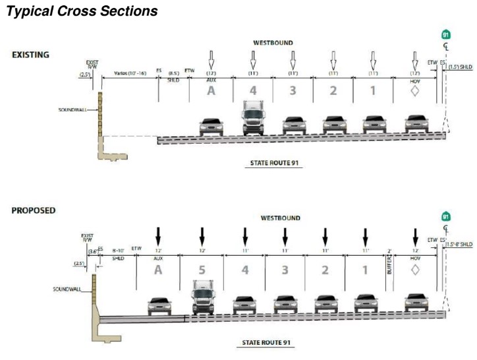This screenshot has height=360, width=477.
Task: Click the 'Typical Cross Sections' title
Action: pos(82,12)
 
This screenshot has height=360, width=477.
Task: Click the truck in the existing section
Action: pos(252,118)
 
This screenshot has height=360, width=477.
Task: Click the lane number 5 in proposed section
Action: pos(202,269)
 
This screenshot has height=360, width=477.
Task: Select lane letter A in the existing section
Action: pos(211,90)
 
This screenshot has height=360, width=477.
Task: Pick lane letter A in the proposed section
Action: pos(158,269)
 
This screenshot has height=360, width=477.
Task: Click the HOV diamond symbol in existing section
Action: pos(414,90)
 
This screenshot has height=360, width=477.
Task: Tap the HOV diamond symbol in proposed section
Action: pos(414,269)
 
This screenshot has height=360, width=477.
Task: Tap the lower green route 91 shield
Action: pos(446,217)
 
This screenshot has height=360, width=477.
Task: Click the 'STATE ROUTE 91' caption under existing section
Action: pos(275,163)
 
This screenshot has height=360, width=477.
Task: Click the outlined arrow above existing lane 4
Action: pos(252,59)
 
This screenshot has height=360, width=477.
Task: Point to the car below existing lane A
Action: pos(211,125)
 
